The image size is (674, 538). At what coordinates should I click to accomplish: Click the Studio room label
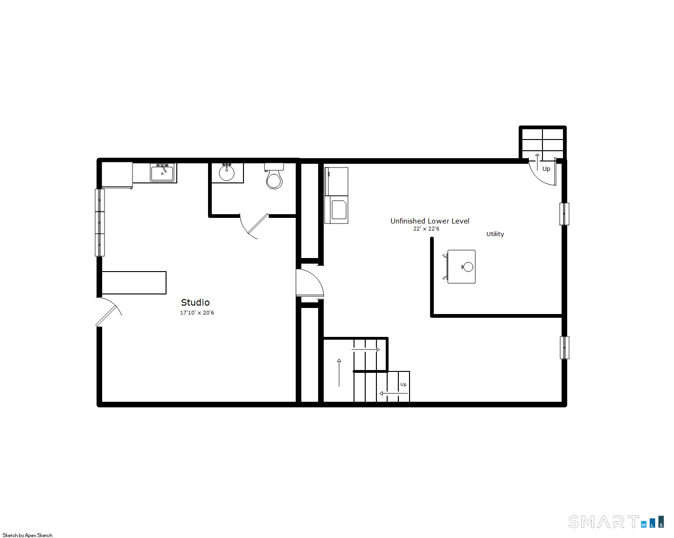click(x=195, y=302)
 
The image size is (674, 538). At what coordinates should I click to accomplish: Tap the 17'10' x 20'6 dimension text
click(x=197, y=313)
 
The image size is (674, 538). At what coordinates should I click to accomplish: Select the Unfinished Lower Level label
click(x=430, y=221)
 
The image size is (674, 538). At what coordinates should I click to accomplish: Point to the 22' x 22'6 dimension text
click(x=426, y=229)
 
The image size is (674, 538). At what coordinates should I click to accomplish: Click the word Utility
click(x=495, y=234)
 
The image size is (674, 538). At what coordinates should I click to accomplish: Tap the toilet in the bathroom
click(x=274, y=176)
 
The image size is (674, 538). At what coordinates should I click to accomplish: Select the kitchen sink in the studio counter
click(x=162, y=173)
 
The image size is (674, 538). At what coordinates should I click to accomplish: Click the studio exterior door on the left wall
click(x=108, y=311)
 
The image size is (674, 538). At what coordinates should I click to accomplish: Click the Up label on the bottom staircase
click(x=403, y=384)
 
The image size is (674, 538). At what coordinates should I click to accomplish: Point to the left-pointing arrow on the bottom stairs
click(x=393, y=393)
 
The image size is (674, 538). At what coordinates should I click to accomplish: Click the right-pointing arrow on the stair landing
click(x=366, y=349)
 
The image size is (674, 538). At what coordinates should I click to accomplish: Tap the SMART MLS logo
click(x=616, y=522)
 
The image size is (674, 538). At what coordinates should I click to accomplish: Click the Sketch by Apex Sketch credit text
click(x=28, y=535)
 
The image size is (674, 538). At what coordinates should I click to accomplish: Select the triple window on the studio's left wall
click(x=100, y=223)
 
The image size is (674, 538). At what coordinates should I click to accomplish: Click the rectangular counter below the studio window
click(x=134, y=283)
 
